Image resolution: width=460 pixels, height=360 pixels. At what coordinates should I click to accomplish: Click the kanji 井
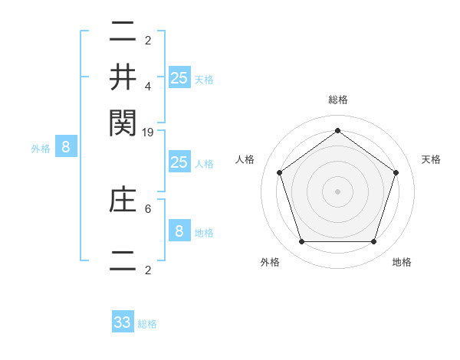(123, 77)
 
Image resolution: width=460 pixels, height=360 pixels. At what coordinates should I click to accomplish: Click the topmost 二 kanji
(123, 32)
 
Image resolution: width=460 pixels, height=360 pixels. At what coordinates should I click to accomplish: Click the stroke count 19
(149, 133)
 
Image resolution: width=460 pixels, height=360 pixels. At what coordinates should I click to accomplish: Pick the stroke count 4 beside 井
(149, 87)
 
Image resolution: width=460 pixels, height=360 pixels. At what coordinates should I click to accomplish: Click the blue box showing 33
(123, 322)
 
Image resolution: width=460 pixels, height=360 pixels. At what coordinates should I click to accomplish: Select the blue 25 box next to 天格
(179, 78)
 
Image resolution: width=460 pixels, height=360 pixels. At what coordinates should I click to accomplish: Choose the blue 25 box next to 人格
(179, 162)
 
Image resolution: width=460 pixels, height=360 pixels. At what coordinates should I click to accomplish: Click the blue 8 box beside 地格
(179, 231)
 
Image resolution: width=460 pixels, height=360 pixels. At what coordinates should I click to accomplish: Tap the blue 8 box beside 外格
(66, 148)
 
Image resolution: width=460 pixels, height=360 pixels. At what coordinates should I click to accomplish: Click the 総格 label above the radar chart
(338, 100)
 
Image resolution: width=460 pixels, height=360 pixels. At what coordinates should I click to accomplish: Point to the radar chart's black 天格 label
(432, 159)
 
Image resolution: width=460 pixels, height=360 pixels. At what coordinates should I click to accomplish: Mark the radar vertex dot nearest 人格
(280, 172)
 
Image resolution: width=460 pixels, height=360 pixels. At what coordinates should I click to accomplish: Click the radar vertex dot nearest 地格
(373, 242)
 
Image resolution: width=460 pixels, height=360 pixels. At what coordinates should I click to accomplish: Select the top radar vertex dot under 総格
(338, 130)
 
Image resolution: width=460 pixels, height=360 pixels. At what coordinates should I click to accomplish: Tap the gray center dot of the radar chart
(338, 191)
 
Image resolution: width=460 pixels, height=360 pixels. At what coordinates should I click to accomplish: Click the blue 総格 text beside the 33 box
(147, 324)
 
